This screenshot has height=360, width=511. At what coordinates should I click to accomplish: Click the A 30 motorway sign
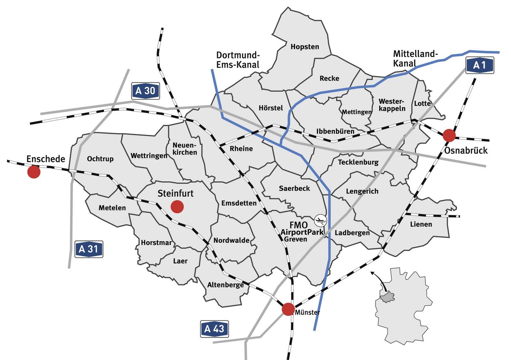[x=145, y=91]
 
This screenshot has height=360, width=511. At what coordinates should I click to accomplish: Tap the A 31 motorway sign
[x=89, y=249]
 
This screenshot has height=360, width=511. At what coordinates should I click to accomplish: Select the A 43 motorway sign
[x=214, y=329]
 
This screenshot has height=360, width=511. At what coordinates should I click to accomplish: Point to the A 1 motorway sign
[x=479, y=65]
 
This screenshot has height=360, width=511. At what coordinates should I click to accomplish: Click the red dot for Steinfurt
[x=177, y=207]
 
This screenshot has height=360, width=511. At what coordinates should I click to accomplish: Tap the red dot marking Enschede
[x=34, y=172]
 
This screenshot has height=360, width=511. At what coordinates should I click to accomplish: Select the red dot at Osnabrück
[x=449, y=135]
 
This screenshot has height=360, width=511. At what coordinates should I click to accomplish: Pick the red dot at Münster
[x=288, y=309]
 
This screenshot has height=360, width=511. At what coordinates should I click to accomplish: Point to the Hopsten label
[x=304, y=47]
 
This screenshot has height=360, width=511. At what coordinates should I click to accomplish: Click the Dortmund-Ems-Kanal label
[x=238, y=60]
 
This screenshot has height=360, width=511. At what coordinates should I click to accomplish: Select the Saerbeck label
[x=295, y=188]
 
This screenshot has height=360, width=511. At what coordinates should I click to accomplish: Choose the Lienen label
[x=421, y=224]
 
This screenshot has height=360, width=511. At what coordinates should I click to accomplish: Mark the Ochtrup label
[x=100, y=159]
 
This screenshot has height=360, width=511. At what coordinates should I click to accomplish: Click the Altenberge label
[x=225, y=285]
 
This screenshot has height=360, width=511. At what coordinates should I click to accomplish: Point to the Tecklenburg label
[x=358, y=162]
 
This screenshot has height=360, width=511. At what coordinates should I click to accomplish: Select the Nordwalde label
[x=232, y=240]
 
